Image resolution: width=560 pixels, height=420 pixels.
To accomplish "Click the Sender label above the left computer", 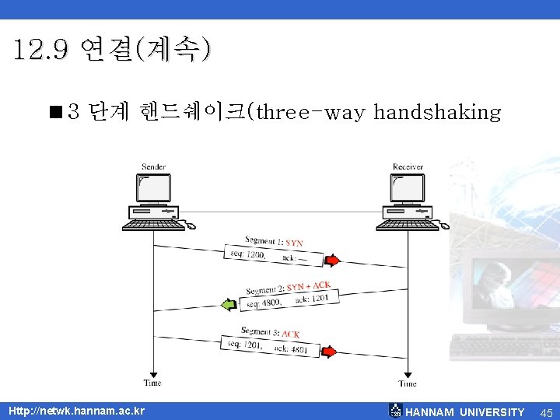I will click(x=153, y=166).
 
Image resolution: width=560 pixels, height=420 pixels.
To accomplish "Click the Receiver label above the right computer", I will click(x=408, y=166).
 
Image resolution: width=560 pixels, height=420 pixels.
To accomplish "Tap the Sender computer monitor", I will click(x=153, y=188).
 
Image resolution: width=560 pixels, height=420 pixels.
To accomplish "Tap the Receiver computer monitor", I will click(x=408, y=188).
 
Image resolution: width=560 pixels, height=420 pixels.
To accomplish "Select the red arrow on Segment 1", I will click(x=332, y=260).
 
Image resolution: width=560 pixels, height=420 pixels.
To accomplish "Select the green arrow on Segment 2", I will click(x=228, y=304).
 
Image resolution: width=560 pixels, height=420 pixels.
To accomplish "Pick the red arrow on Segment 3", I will click(x=330, y=352).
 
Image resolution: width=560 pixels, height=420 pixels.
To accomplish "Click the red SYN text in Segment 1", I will click(x=295, y=243).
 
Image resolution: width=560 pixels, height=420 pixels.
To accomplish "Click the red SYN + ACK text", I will click(x=309, y=287).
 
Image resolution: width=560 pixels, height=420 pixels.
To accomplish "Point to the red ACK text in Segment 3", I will click(x=290, y=334).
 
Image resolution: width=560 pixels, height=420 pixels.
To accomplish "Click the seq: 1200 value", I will click(x=248, y=254).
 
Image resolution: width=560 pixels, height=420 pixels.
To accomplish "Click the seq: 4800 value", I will click(x=264, y=302).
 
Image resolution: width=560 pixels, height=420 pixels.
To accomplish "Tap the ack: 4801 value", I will click(x=292, y=349).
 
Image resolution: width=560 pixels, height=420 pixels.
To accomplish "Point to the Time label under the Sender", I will click(x=153, y=383).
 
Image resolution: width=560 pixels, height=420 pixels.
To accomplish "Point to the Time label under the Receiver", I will click(x=408, y=383).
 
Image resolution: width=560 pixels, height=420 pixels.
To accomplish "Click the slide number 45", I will click(x=546, y=412).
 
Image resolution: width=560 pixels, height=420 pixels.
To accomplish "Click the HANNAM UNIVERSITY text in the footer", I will click(x=465, y=412).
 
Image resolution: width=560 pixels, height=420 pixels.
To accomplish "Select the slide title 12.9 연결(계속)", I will click(x=111, y=51).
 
